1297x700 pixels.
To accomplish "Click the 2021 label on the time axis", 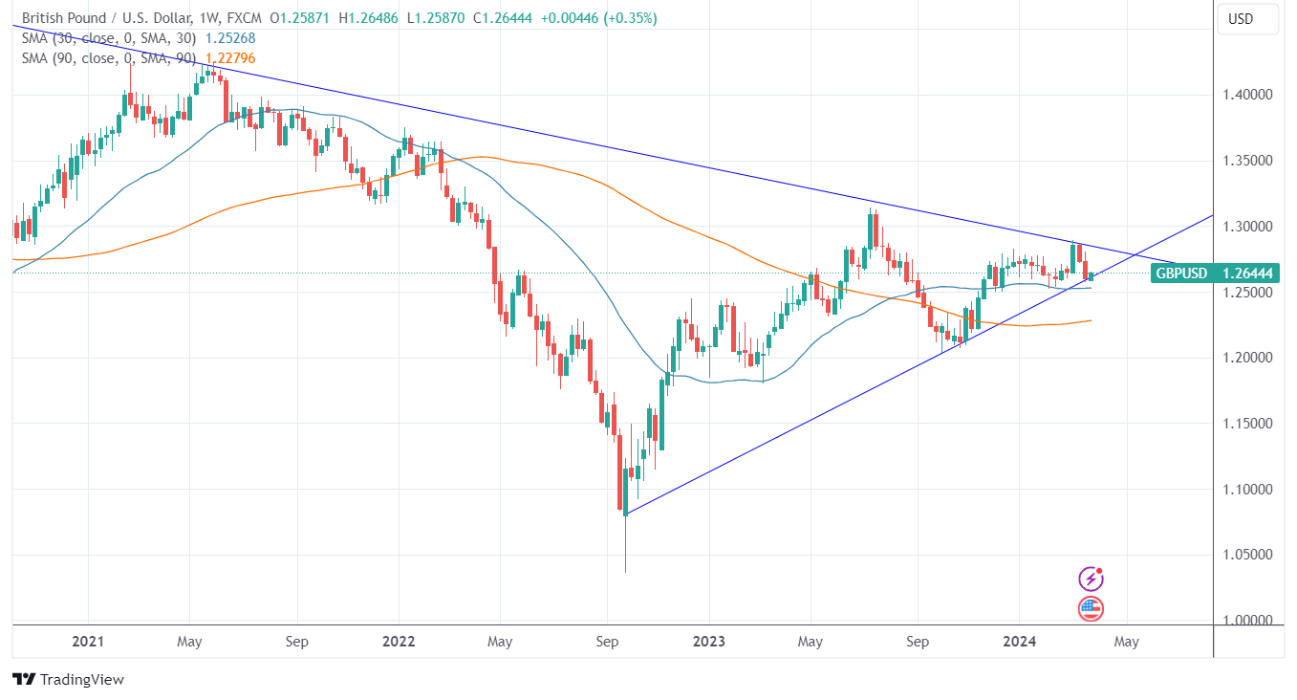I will [87, 642].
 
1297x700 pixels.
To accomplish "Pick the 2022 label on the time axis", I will [399, 642].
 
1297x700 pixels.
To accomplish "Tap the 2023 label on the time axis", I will [709, 642].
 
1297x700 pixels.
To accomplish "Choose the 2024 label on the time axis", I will [1020, 642].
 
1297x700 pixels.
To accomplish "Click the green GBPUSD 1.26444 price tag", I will [1214, 273].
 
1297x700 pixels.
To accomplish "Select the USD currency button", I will [1241, 19].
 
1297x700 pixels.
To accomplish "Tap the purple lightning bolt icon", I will [1091, 579].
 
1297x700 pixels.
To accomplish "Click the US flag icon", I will [1091, 607].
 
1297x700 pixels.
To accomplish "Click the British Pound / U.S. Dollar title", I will [104, 19].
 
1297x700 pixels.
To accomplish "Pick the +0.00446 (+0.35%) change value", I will [598, 19].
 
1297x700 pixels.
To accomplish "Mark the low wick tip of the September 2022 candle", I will [625, 572].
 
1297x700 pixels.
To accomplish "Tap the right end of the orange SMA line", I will [1092, 320].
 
